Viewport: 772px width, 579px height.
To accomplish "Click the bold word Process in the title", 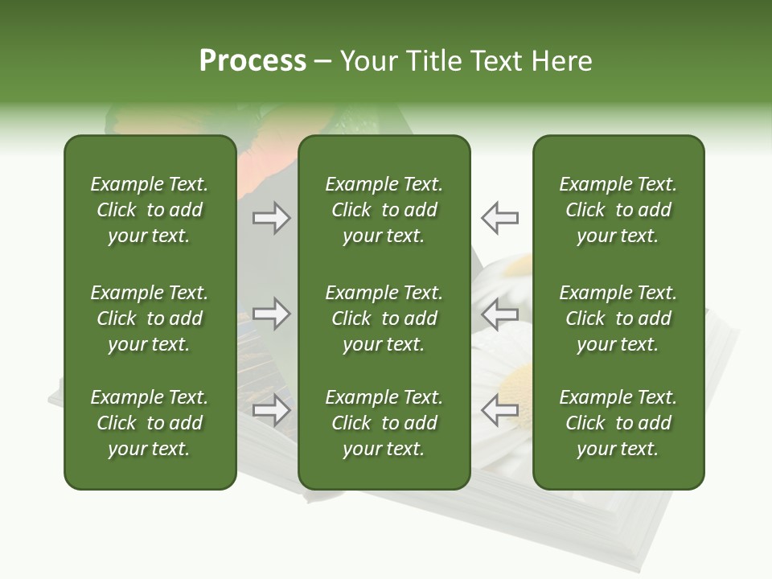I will point(253,60).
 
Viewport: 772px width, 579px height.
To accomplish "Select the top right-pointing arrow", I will point(272,218).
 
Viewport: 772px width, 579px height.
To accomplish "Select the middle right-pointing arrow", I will point(272,313).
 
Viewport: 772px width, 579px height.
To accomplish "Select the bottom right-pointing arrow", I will point(272,410).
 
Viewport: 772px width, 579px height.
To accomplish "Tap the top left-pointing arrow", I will point(499,218).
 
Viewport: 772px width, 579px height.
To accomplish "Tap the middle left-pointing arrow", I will point(499,313).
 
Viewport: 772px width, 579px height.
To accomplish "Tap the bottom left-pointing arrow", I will point(499,410).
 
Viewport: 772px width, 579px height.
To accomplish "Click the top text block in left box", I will point(150,210).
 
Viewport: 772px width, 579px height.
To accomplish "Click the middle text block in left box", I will point(150,318).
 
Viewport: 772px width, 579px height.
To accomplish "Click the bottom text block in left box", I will point(150,423).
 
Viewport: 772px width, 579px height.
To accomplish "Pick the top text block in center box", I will point(384,210).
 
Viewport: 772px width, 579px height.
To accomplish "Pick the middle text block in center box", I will point(384,318).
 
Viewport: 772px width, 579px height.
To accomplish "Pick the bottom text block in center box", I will point(384,423).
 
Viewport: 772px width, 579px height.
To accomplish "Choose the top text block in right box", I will point(618,210).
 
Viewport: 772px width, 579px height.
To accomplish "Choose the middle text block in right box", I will point(618,318).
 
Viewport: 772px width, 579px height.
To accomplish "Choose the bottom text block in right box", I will point(618,423).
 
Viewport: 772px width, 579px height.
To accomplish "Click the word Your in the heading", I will point(369,60).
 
